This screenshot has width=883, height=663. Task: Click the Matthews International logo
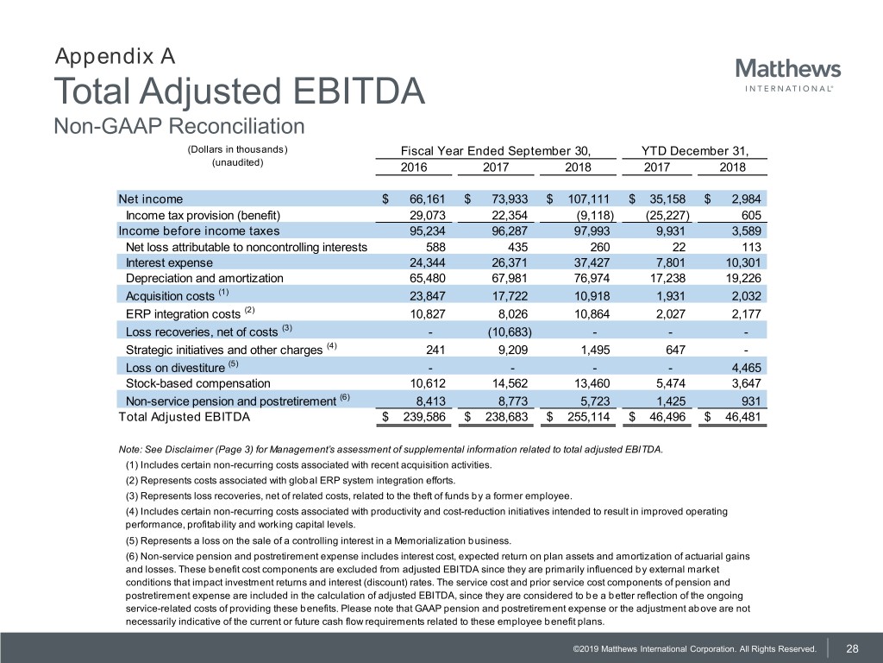[787, 74]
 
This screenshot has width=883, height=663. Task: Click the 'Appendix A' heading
[116, 57]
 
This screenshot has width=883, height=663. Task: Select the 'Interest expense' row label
[170, 262]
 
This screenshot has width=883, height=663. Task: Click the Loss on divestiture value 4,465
[742, 368]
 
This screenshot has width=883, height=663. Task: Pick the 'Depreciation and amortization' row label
[204, 278]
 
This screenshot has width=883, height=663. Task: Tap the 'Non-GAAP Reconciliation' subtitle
[179, 127]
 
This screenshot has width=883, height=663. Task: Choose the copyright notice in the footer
[687, 648]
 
